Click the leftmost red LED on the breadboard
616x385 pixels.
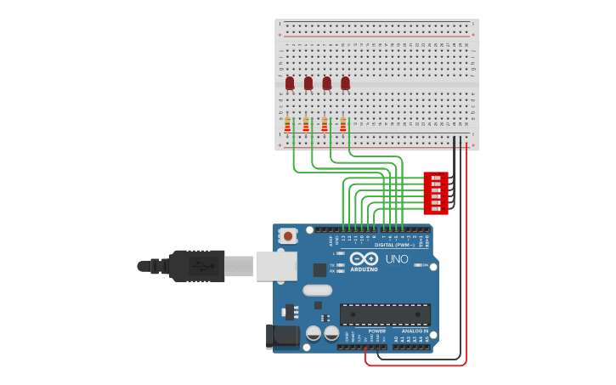tap(290, 83)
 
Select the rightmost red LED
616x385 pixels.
tap(345, 83)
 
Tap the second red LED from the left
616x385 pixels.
tap(308, 83)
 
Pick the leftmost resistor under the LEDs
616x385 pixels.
tap(287, 124)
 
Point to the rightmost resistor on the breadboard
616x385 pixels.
tap(343, 124)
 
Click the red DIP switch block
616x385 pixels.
tap(435, 193)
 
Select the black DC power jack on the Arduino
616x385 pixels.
tap(283, 337)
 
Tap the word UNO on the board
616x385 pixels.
tap(397, 259)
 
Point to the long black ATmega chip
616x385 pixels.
tap(385, 314)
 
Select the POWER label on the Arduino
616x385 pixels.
tap(377, 331)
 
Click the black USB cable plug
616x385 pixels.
tap(195, 265)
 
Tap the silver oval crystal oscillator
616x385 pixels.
tap(317, 290)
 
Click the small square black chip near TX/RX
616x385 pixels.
tap(319, 270)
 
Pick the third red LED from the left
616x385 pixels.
tap(326, 83)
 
